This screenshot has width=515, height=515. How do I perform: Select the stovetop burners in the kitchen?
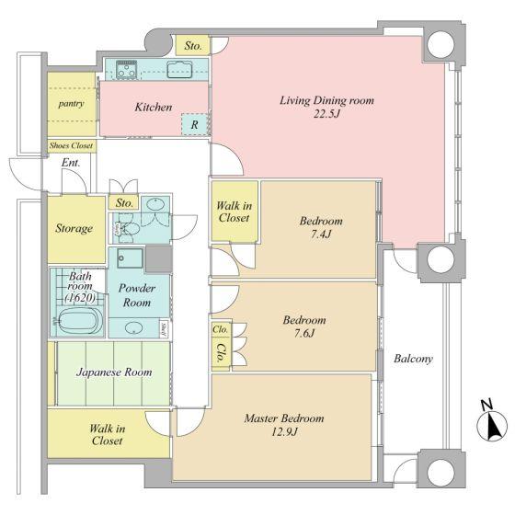pos(127,70)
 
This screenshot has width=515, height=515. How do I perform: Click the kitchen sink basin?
pos(179,70)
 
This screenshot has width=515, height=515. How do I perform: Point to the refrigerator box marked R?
pos(194,124)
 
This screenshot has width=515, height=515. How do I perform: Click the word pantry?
pos(72,104)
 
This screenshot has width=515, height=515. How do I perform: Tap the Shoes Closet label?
pos(72,145)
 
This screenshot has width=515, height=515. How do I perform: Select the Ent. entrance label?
pos(71,162)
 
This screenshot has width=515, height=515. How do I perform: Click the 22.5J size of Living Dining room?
pos(326,114)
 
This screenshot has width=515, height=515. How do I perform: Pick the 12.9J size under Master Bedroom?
pos(284,432)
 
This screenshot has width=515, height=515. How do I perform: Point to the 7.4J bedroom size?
pos(321,235)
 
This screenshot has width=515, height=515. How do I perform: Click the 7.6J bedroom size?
pos(304,333)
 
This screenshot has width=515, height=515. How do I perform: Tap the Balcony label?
pos(413,359)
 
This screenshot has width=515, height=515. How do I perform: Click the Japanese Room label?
pos(114,372)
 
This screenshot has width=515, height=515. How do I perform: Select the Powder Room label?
pos(137,295)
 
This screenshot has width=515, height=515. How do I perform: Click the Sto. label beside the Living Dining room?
pos(193,46)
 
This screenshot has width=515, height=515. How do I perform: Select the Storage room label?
pos(74,228)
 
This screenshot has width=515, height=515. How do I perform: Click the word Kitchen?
pos(154,107)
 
